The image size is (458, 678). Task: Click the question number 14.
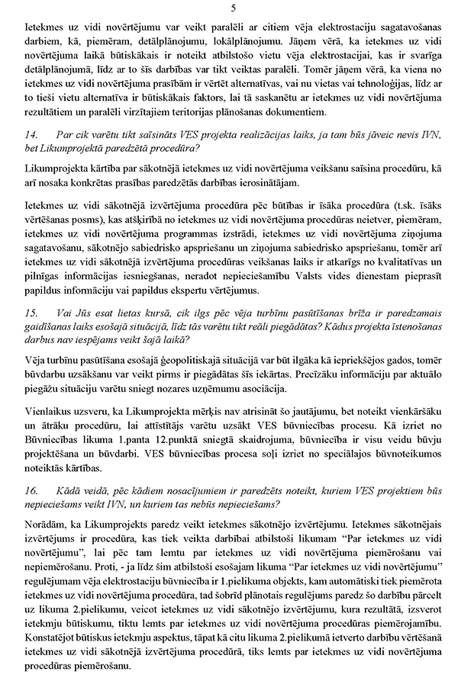point(31,135)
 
